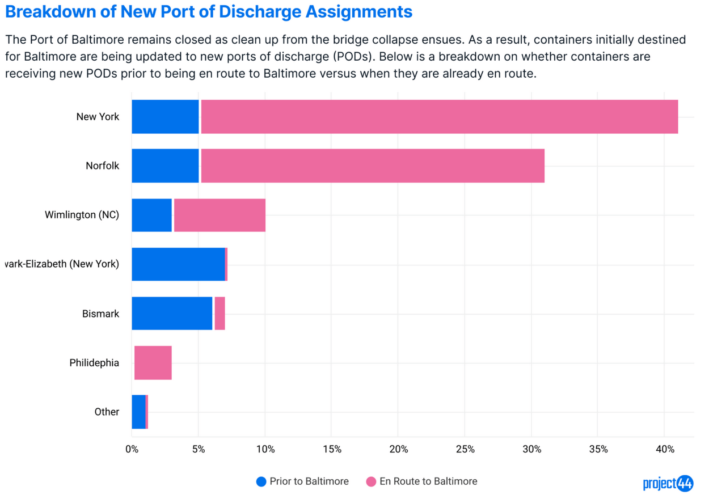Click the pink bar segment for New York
tap(440, 117)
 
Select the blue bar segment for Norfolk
tap(165, 166)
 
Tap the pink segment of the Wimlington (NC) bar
tap(220, 215)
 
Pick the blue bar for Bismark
tap(172, 313)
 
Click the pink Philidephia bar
tap(153, 363)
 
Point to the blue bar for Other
tap(138, 412)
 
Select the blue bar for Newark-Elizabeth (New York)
tap(178, 264)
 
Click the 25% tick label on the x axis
tap(465, 450)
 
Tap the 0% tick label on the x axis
tap(132, 450)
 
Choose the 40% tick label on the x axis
tap(665, 450)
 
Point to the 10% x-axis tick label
tap(265, 450)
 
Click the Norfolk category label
tap(103, 166)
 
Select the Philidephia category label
tap(94, 363)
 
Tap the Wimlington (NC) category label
tap(82, 215)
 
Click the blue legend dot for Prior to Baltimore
tap(261, 481)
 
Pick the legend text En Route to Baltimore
tap(428, 481)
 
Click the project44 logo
tap(668, 483)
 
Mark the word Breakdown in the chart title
tap(46, 11)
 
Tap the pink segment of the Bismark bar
tap(220, 313)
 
